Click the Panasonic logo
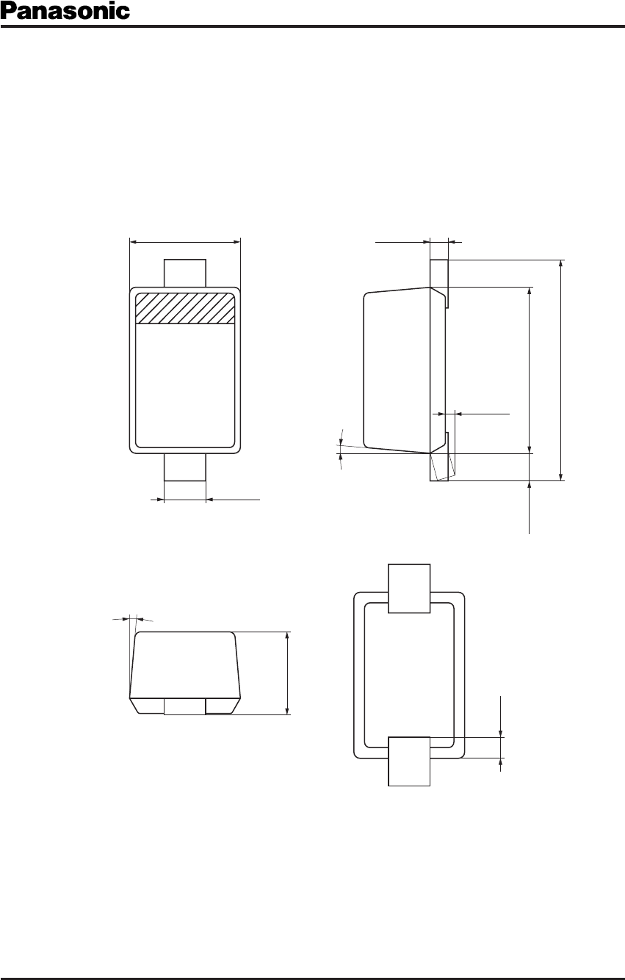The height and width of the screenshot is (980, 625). pos(65,11)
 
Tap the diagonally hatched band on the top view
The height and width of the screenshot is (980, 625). pos(185,308)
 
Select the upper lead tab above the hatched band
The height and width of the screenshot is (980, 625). pos(185,273)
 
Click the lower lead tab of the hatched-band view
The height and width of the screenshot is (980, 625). pos(185,467)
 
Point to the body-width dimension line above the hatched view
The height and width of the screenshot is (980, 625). pos(185,241)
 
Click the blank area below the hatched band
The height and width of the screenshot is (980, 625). pos(185,386)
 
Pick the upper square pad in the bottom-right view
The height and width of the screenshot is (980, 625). pos(409,588)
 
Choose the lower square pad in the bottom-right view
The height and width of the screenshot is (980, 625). pos(409,761)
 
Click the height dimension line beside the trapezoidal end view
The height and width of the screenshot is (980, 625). pos(287,673)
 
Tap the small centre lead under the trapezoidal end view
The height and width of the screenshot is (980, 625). pos(185,706)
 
